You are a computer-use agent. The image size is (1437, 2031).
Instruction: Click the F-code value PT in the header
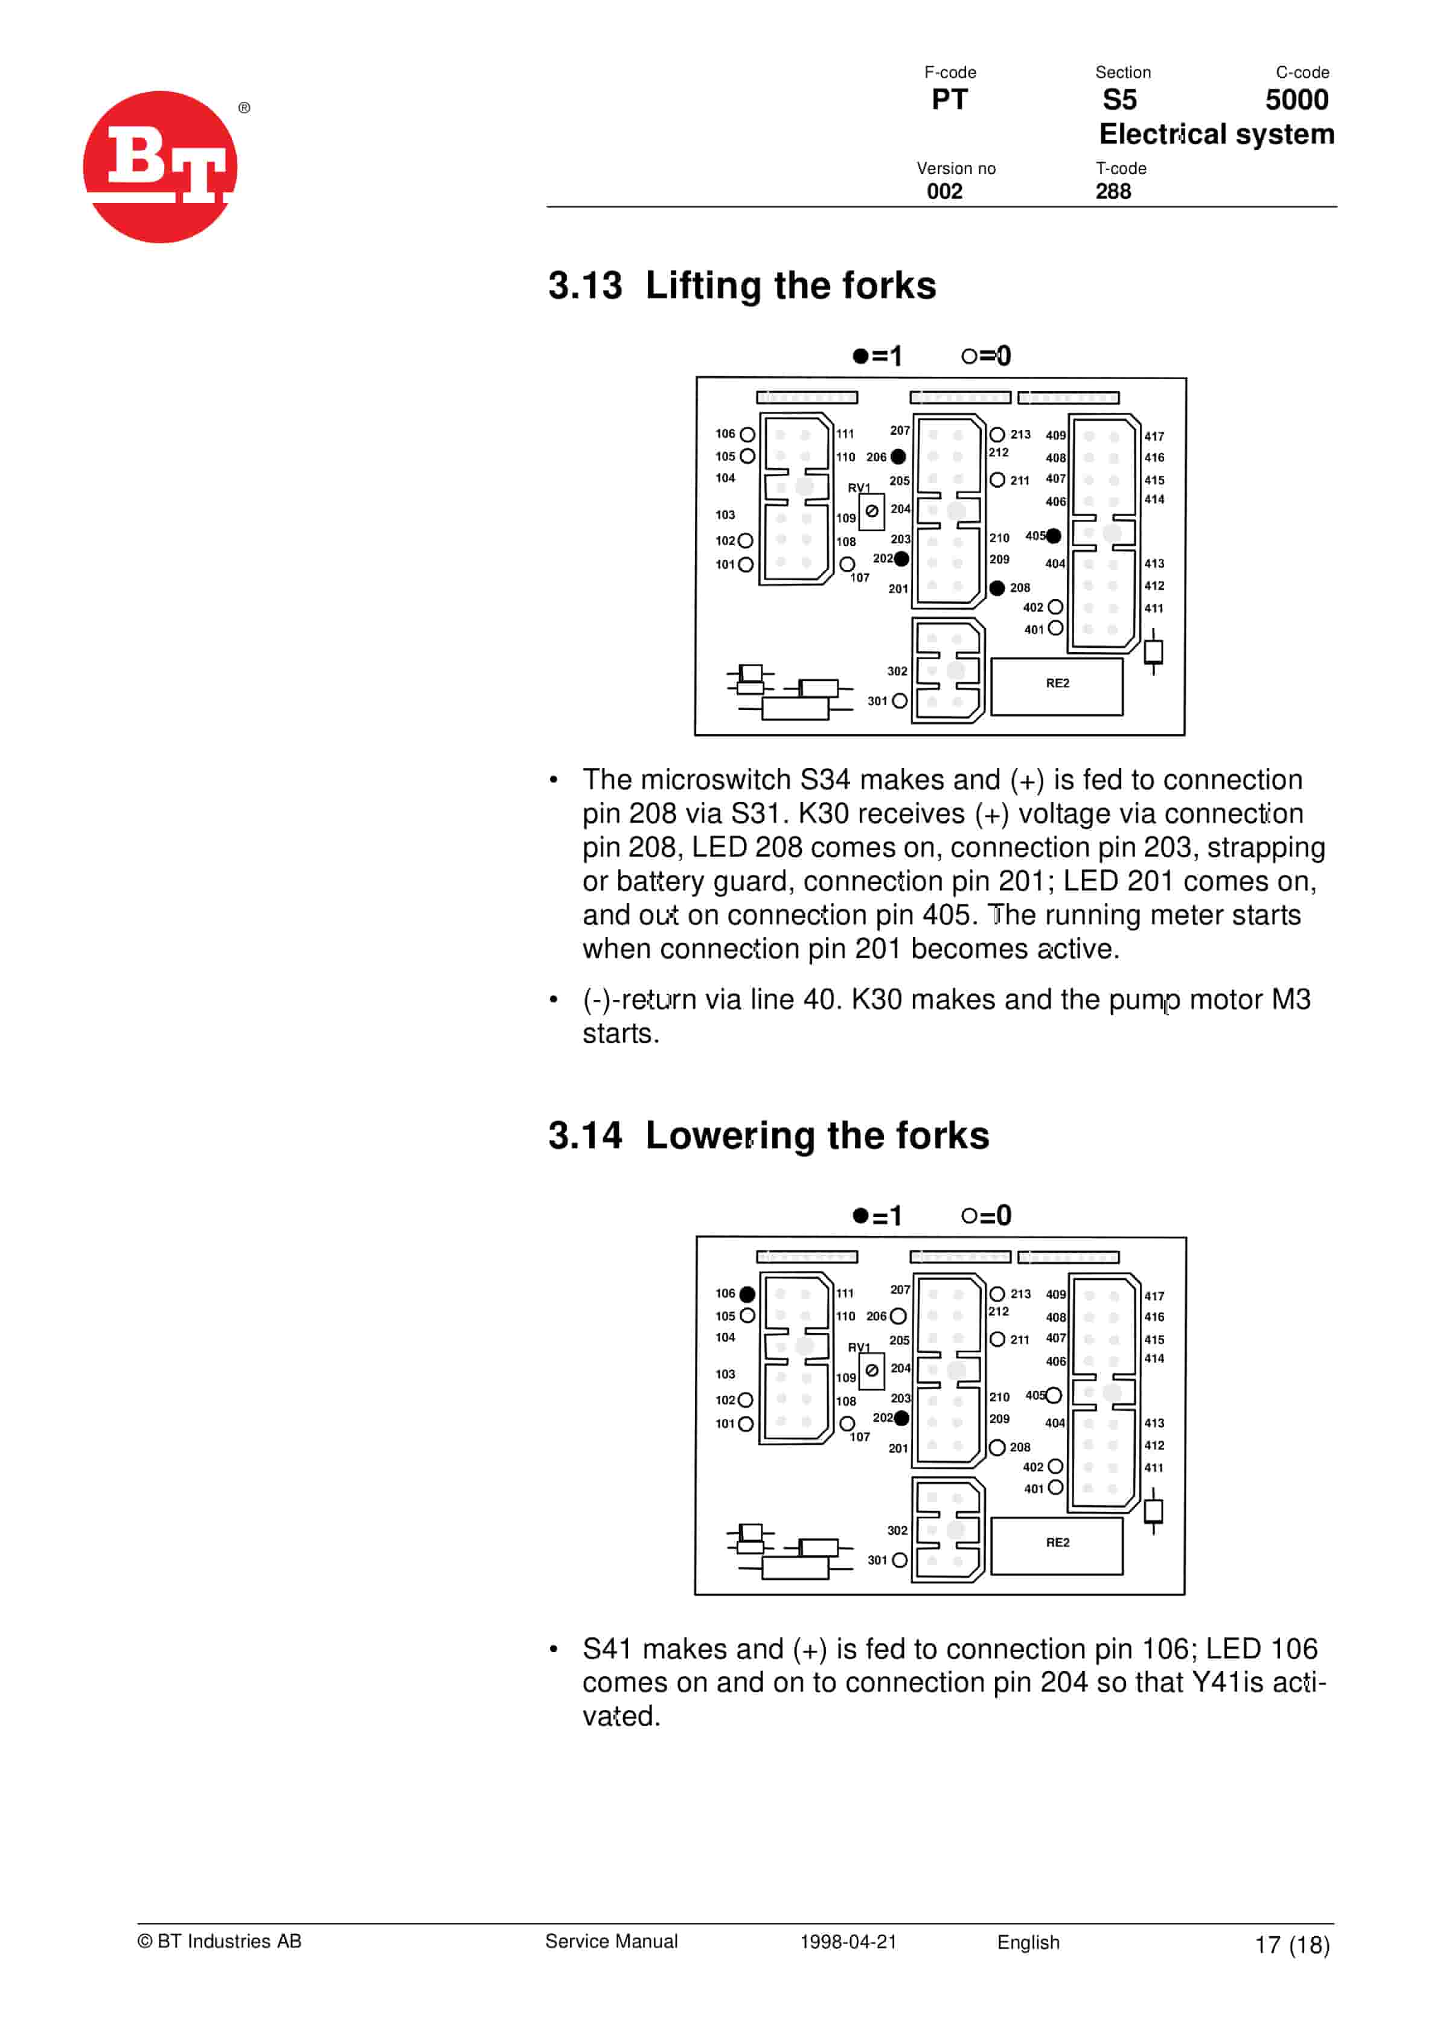[x=949, y=100]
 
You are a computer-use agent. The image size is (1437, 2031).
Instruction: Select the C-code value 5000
[x=1296, y=100]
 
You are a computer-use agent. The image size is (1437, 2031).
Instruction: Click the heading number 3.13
[x=585, y=286]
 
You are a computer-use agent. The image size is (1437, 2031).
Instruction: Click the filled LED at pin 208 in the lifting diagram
[x=997, y=588]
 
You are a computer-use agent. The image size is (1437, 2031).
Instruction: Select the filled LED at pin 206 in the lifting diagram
[x=898, y=456]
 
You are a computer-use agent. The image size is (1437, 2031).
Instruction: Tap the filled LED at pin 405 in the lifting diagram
[x=1053, y=536]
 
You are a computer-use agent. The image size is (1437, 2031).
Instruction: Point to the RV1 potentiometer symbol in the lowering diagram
[x=872, y=1371]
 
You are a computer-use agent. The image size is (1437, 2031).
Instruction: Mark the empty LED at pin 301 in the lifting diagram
[x=900, y=700]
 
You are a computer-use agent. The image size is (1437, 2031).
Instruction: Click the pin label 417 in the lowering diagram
[x=1154, y=1296]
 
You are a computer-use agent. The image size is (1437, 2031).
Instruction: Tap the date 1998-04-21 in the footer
[x=848, y=1941]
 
